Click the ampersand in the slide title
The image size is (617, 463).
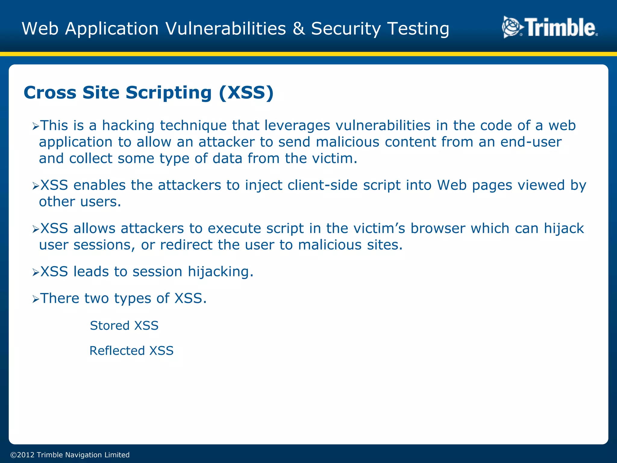(299, 29)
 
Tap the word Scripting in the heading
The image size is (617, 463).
(168, 93)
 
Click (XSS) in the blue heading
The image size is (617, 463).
(246, 93)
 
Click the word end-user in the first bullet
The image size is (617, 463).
(531, 142)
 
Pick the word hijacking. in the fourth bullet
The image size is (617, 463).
(221, 272)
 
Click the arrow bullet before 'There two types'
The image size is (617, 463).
(36, 299)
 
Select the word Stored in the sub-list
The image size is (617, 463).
(110, 326)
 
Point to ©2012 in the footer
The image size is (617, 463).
(22, 455)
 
